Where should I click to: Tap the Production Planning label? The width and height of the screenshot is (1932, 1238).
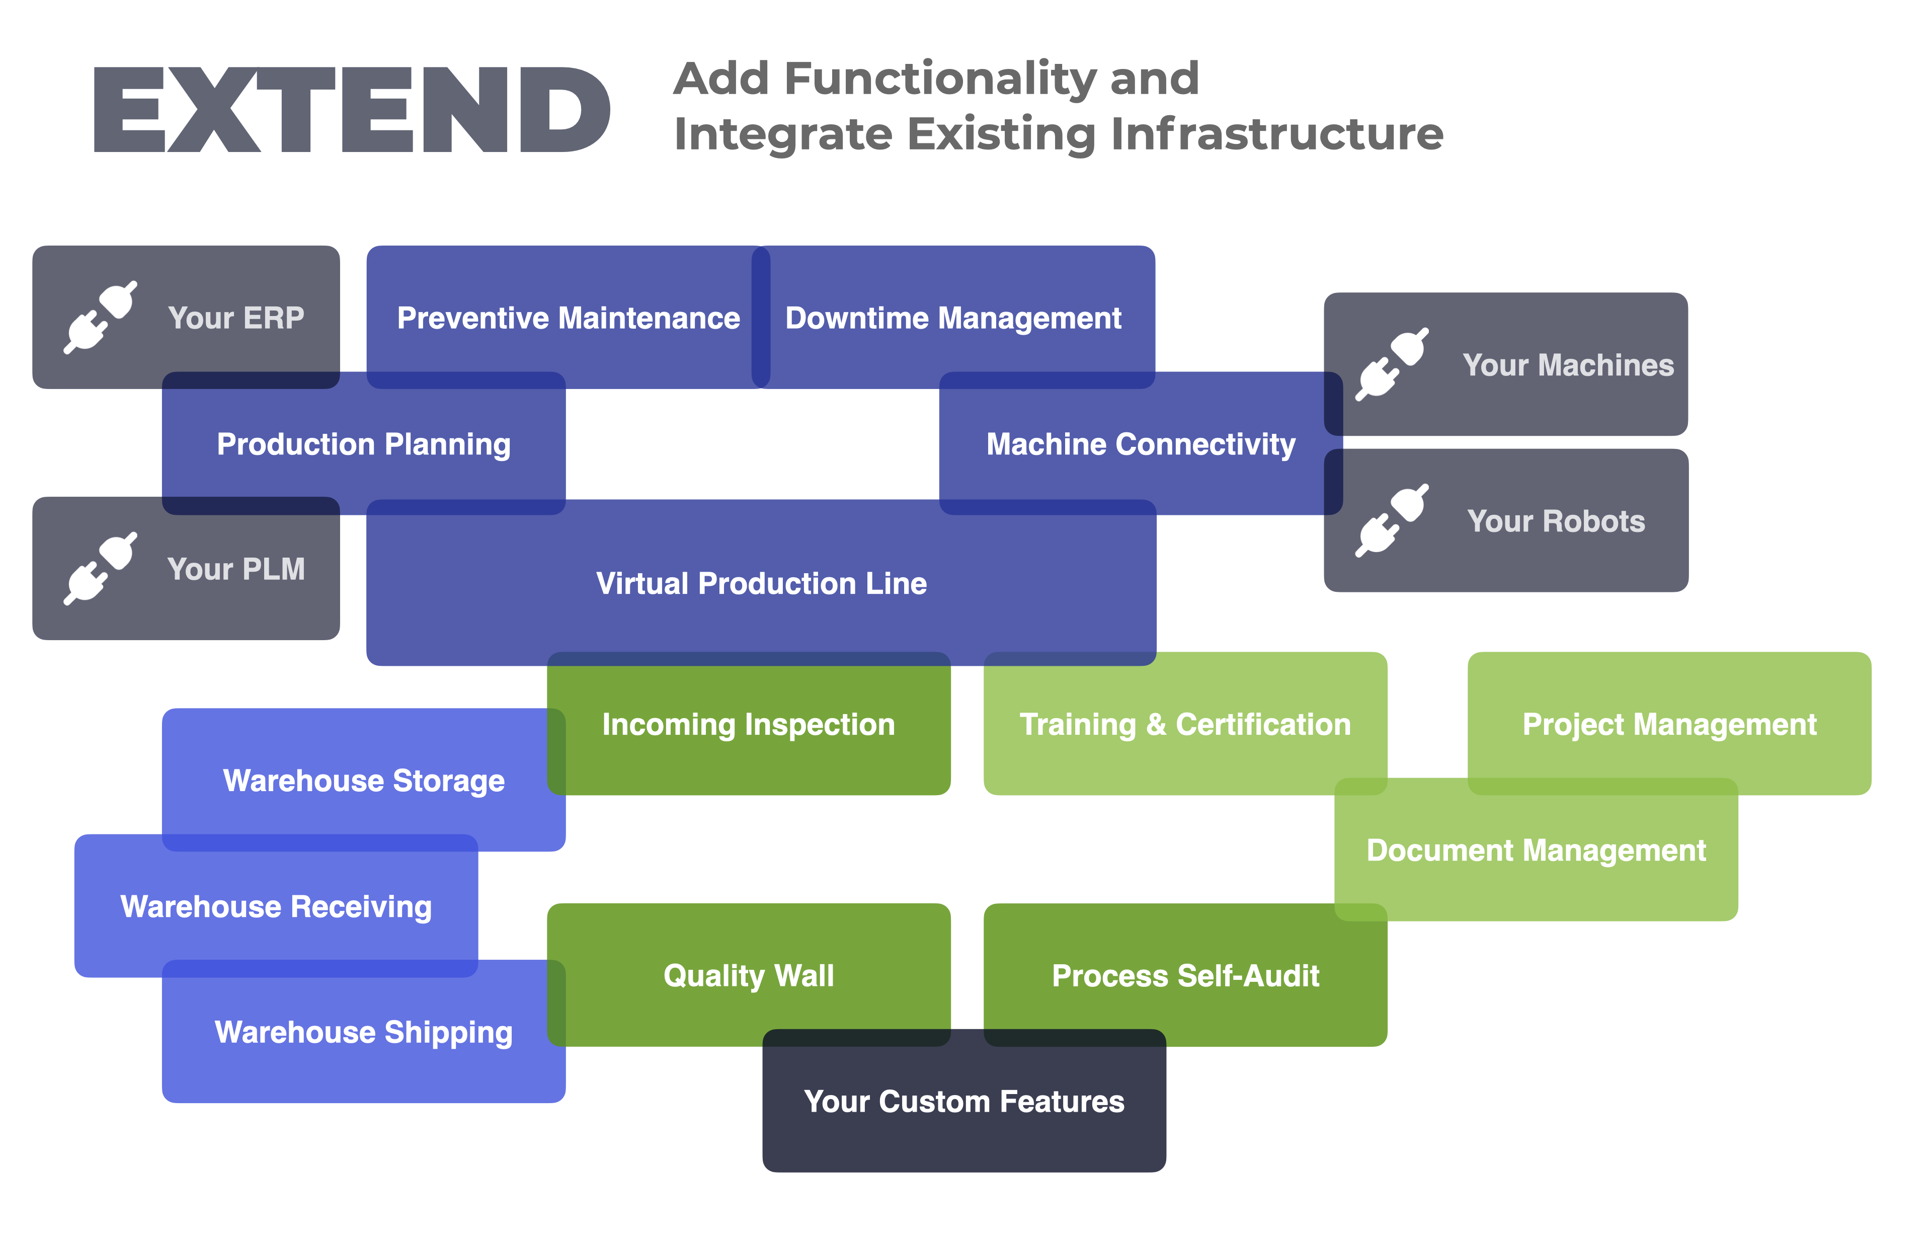coord(363,444)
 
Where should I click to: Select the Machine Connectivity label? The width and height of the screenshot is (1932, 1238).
coord(1141,444)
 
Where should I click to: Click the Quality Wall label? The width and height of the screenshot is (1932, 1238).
coord(748,976)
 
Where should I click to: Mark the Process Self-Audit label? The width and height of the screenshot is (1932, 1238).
coord(1184,976)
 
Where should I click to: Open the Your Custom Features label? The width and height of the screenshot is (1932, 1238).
coord(963,1101)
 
